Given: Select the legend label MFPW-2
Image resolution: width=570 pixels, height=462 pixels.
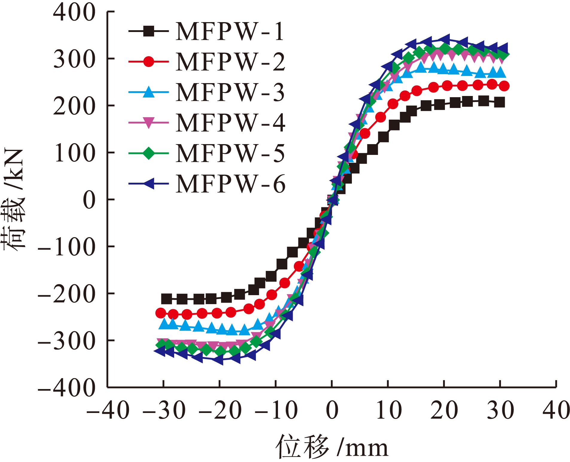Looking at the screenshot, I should coord(230,62).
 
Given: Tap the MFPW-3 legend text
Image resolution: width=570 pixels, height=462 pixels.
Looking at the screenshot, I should coord(229,92).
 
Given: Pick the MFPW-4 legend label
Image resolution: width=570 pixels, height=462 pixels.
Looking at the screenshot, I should coord(230,123).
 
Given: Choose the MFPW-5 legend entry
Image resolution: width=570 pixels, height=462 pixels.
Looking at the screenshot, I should coord(229,153).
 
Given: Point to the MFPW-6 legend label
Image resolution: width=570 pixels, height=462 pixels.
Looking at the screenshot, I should coord(230,184).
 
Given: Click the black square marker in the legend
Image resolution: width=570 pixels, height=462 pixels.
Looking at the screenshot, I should coord(148,31).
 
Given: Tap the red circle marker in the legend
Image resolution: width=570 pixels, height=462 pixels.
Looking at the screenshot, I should coord(148,62).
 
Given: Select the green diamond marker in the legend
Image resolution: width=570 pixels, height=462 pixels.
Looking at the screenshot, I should coord(148,153).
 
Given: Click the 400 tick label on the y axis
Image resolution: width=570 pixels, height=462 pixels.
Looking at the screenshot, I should coord(74,13).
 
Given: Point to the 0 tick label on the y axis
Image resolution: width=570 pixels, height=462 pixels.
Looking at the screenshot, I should coord(89,200).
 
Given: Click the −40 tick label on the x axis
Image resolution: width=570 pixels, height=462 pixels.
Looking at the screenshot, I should coord(108,410).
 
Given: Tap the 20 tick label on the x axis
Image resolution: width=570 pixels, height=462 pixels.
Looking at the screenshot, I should coord(444,410).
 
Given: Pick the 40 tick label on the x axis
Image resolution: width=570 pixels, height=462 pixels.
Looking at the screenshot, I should coord(556,410).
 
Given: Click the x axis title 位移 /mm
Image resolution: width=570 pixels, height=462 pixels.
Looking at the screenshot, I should coord(332,447).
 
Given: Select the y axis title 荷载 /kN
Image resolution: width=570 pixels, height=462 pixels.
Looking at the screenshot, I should coord(13,199).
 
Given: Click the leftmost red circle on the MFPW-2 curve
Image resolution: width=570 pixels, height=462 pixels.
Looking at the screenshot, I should coord(161,313).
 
